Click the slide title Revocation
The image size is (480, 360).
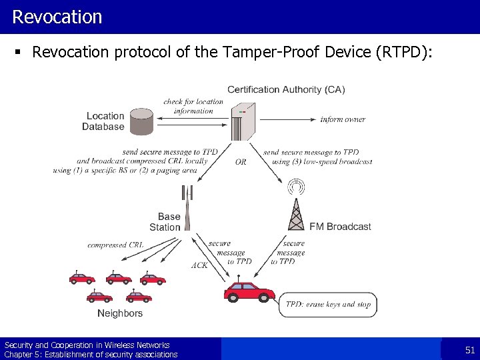pos(57,17)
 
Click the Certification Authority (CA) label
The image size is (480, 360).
pos(286,89)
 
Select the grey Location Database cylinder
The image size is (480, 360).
pos(141,121)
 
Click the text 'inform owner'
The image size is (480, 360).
pos(343,119)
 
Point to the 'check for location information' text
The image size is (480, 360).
pos(193,106)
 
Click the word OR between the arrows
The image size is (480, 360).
pos(240,161)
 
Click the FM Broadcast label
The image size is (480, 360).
pos(340,227)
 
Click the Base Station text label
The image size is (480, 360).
pos(167,221)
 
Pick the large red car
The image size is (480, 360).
pos(249,292)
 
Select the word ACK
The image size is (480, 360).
pos(199,265)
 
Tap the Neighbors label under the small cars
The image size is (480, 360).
pos(120,313)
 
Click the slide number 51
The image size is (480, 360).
pos(469,350)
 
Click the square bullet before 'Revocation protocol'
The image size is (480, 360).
pos(22,53)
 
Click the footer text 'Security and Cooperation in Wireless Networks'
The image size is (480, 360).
pos(87,345)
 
